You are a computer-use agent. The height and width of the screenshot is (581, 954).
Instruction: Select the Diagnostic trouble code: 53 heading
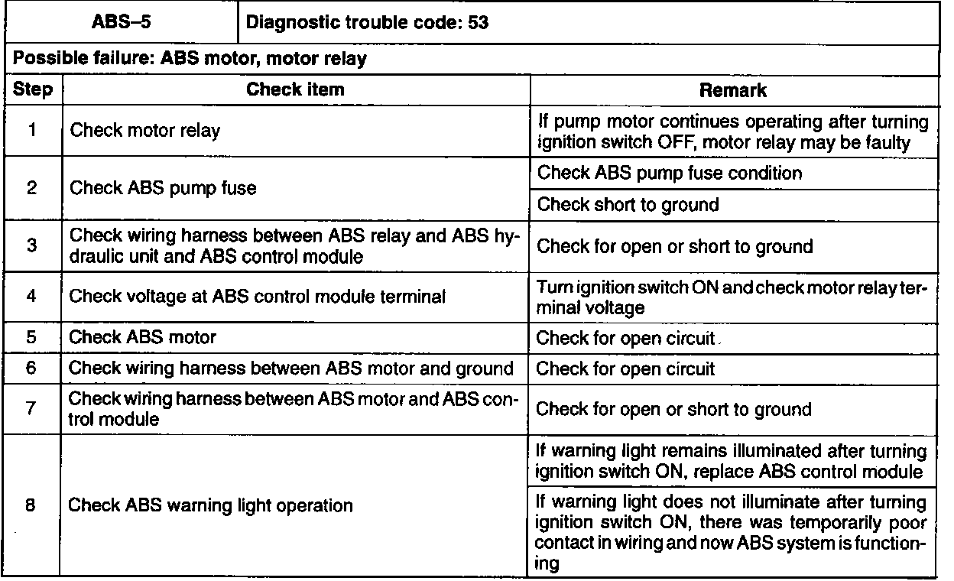tap(368, 23)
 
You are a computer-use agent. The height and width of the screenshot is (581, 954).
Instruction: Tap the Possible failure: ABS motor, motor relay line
tap(190, 60)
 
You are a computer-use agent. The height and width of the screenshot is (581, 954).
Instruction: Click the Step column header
tap(33, 90)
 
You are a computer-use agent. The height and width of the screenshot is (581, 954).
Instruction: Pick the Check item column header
tap(295, 90)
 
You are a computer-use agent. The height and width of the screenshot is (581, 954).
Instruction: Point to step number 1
tap(33, 130)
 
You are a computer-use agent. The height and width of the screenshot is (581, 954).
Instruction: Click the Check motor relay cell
tap(145, 131)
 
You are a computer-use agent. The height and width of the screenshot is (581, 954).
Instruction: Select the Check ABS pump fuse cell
tap(163, 188)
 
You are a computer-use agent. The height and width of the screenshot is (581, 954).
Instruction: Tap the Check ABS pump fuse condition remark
tap(670, 173)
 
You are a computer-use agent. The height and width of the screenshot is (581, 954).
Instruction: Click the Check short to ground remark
tap(628, 205)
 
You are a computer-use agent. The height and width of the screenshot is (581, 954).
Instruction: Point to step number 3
tap(33, 248)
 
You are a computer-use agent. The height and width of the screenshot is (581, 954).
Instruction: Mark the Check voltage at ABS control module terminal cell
tap(257, 296)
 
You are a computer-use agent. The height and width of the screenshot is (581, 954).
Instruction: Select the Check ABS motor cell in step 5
tap(143, 336)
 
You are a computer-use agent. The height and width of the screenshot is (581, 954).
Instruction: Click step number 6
tap(33, 368)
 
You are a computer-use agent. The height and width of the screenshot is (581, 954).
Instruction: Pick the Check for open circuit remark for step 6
tap(625, 369)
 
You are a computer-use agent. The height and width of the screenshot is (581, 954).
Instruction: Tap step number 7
tap(33, 409)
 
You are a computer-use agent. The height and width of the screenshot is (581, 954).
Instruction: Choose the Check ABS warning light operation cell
tap(211, 505)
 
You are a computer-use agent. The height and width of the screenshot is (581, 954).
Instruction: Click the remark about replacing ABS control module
tap(732, 462)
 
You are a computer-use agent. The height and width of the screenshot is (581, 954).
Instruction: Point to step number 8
tap(33, 505)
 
